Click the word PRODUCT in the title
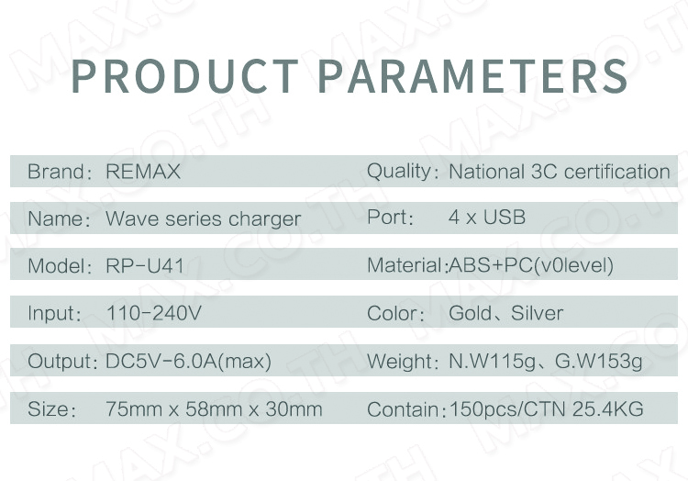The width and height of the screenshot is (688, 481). click(184, 76)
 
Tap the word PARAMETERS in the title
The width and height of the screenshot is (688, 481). click(473, 76)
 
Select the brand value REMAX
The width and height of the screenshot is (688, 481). click(143, 171)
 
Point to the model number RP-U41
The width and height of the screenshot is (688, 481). click(145, 266)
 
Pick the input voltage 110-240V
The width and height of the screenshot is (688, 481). click(154, 313)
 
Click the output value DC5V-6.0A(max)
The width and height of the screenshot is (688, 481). click(189, 361)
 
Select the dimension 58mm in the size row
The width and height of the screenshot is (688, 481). click(214, 409)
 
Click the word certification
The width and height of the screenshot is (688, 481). click(617, 171)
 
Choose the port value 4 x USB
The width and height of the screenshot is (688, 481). click(487, 218)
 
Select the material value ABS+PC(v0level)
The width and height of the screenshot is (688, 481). click(531, 265)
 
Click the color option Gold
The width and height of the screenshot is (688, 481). click(471, 313)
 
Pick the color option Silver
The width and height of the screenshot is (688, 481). click(537, 313)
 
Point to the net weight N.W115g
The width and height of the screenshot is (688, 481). click(493, 361)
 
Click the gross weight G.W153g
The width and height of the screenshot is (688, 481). click(599, 361)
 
